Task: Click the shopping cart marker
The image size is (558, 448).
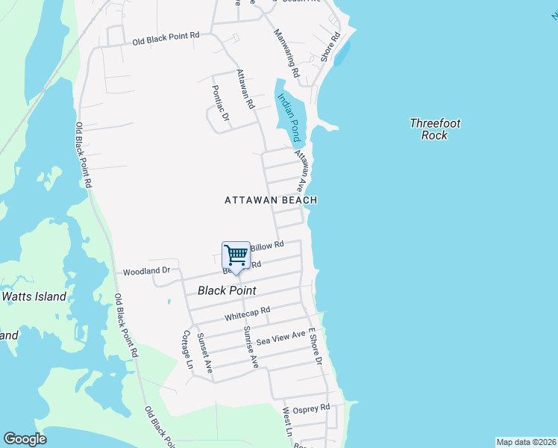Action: click(236, 256)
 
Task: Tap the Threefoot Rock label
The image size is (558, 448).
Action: click(435, 129)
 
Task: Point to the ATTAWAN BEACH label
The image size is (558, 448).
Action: click(272, 200)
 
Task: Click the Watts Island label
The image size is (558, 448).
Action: click(34, 296)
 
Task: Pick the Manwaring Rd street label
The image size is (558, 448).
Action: click(286, 54)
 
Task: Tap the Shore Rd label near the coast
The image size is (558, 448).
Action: click(330, 46)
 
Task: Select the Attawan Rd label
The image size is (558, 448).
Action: click(245, 88)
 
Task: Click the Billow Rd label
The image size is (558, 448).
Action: click(267, 245)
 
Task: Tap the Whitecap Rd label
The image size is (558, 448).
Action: click(247, 314)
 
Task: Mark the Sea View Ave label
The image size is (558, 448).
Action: click(281, 338)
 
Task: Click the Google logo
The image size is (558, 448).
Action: click(25, 439)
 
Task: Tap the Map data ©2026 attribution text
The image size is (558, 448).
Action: click(525, 442)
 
